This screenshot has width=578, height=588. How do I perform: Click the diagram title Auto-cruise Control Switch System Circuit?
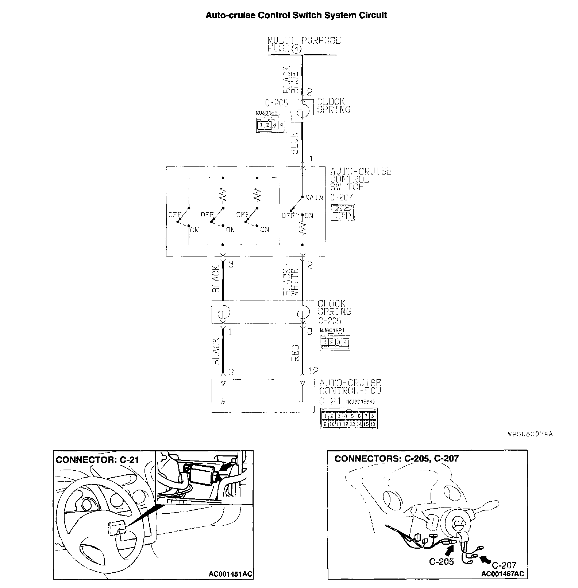(296, 15)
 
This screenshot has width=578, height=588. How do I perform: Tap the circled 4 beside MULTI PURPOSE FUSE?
(297, 49)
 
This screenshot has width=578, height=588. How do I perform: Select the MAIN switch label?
(314, 197)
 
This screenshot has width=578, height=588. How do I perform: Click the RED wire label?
(295, 353)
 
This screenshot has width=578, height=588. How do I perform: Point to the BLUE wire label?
(294, 143)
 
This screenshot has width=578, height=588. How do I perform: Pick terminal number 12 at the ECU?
(313, 371)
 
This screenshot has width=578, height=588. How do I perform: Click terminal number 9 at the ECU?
(230, 372)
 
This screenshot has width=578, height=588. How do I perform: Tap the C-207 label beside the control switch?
(342, 197)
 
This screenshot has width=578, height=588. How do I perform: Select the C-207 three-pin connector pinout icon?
(343, 212)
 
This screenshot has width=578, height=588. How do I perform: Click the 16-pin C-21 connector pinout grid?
(349, 419)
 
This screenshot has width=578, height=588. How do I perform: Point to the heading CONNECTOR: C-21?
(97, 460)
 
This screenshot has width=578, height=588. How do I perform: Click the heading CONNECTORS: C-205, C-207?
(396, 459)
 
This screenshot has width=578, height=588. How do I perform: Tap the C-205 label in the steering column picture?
(441, 561)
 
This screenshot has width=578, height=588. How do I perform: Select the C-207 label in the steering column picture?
(504, 565)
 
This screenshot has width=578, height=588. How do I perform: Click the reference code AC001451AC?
(230, 574)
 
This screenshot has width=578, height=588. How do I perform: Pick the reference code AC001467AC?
(502, 574)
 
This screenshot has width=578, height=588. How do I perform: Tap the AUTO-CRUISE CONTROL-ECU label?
(350, 387)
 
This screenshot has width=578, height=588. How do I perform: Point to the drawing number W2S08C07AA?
(530, 434)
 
